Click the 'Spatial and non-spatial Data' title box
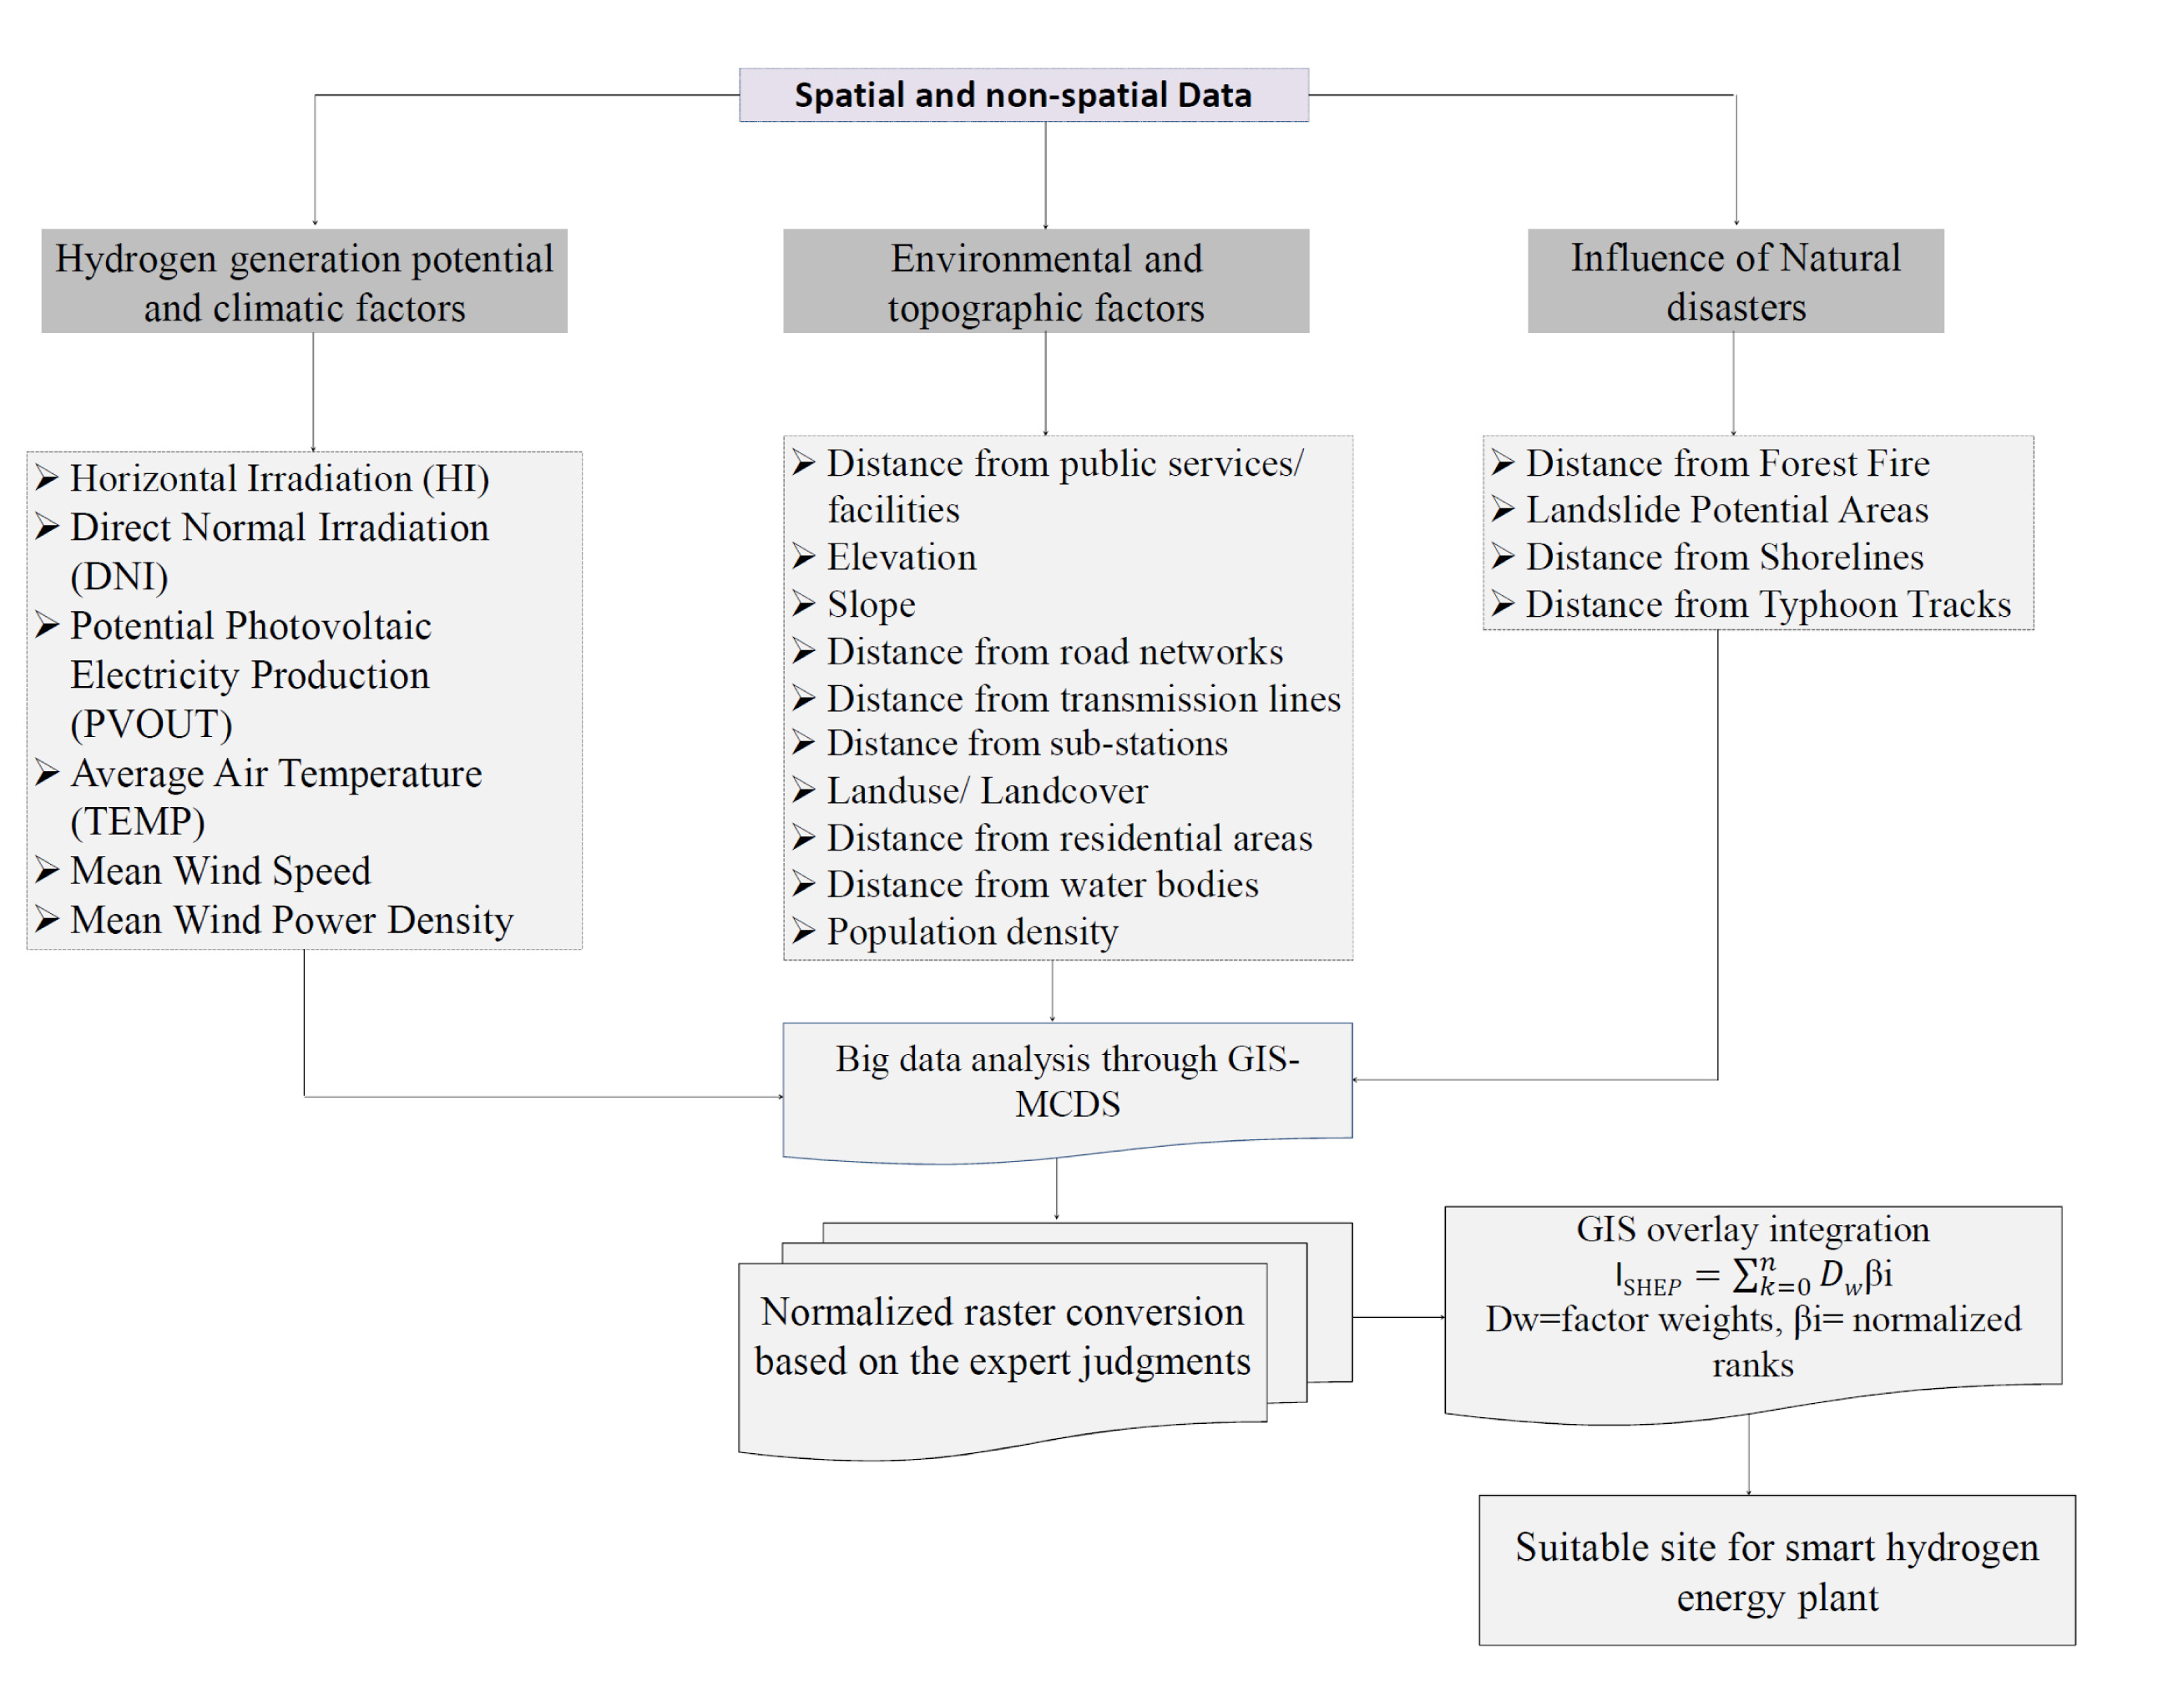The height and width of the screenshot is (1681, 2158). pyautogui.click(x=1023, y=95)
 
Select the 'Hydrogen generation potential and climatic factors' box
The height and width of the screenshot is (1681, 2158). pyautogui.click(x=305, y=281)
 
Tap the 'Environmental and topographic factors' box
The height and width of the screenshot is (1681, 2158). pyautogui.click(x=1046, y=281)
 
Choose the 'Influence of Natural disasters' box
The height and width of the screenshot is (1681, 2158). pyautogui.click(x=1736, y=281)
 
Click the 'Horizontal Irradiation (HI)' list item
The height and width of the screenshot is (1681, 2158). pyautogui.click(x=280, y=478)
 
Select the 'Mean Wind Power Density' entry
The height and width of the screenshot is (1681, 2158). pyautogui.click(x=291, y=920)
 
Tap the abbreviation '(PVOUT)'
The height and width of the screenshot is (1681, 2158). pyautogui.click(x=151, y=724)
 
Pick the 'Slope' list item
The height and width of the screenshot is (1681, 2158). pyautogui.click(x=871, y=604)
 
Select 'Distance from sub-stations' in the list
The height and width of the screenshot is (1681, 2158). pyautogui.click(x=1028, y=743)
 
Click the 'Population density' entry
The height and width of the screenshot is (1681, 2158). pyautogui.click(x=973, y=931)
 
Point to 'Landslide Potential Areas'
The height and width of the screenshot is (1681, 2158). pyautogui.click(x=1727, y=510)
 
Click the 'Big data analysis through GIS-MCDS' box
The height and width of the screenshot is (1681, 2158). pyautogui.click(x=1068, y=1093)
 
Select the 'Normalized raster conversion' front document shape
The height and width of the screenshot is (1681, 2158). pyautogui.click(x=1003, y=1360)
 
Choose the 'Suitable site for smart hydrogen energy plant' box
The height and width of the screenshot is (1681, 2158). pyautogui.click(x=1777, y=1570)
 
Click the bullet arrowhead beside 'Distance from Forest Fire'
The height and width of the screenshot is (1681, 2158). pyautogui.click(x=1503, y=463)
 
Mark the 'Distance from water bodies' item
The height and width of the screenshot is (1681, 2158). pyautogui.click(x=1043, y=884)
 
